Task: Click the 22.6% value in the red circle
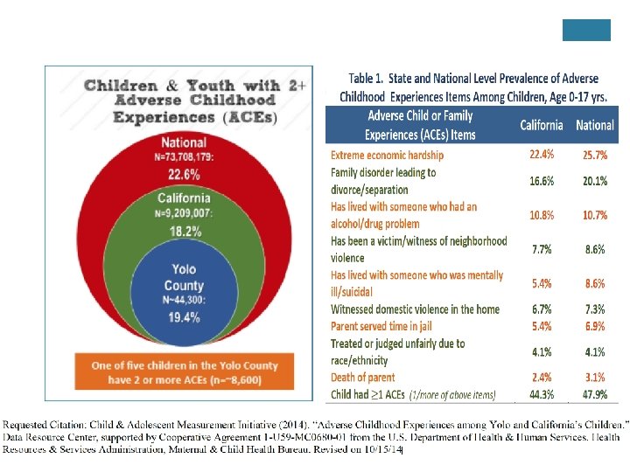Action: pos(184,172)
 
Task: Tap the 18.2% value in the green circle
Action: pos(185,232)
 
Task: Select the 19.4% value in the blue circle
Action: pos(184,316)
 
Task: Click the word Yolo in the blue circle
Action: pos(184,269)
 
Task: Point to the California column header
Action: pos(541,125)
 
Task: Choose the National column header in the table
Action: pos(594,125)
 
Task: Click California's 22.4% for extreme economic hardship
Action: pos(542,155)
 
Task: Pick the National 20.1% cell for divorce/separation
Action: pos(595,181)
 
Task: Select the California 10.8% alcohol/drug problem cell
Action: pos(542,215)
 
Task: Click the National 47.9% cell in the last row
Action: pos(595,394)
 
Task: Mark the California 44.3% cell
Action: pos(542,394)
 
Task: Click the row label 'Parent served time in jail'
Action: pos(385,326)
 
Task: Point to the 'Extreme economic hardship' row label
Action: pos(387,155)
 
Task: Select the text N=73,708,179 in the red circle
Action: pos(184,156)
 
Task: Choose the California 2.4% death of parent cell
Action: pos(542,378)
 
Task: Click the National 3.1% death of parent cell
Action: pos(595,378)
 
